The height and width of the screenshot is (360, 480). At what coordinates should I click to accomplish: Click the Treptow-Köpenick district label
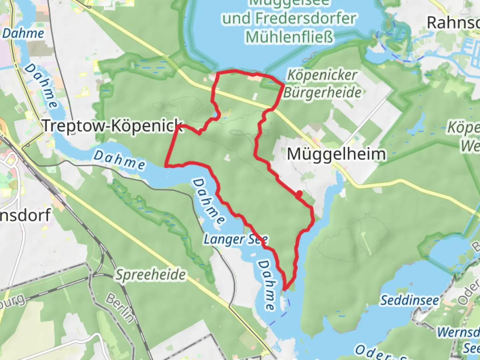(113, 126)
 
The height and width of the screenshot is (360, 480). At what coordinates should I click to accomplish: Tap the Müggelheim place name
(336, 154)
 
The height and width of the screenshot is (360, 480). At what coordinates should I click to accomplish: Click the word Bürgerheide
(322, 92)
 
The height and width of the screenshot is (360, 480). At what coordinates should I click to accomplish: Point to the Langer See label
(236, 239)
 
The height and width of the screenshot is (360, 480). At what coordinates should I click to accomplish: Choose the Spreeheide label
(151, 275)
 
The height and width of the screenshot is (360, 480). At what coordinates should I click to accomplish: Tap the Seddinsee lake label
(410, 300)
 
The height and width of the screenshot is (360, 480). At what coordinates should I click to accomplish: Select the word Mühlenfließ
(289, 37)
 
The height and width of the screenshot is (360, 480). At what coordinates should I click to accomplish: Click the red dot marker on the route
(299, 193)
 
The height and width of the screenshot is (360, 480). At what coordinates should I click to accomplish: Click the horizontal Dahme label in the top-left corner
(23, 33)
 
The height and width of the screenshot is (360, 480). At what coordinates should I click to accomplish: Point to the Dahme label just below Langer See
(267, 285)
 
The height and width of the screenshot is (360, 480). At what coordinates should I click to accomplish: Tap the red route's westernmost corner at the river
(166, 165)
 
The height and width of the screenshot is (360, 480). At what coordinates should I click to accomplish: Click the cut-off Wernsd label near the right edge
(458, 332)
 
